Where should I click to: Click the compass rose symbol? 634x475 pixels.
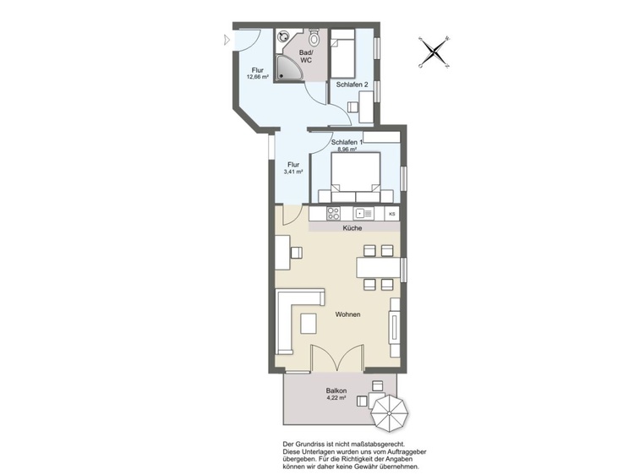435,52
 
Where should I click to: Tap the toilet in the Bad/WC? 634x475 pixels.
314,37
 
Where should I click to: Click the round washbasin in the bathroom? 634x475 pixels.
281,36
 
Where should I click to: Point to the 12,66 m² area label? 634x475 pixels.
258,76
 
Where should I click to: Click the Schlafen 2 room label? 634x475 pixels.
352,85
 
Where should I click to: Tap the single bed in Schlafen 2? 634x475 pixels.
343,54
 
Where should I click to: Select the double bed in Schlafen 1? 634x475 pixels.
356,177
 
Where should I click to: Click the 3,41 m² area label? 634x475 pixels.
293,172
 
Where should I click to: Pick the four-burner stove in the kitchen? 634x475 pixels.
334,213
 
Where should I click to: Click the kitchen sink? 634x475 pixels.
363,213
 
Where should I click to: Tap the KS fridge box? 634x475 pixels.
391,214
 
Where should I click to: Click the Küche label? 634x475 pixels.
353,228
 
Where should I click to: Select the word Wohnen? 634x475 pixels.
347,314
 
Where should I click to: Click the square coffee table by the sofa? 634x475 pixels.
309,324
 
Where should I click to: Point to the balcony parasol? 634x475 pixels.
390,413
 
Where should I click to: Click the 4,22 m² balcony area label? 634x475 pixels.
336,398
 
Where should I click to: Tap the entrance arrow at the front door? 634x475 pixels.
227,40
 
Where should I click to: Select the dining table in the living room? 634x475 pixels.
379,267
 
